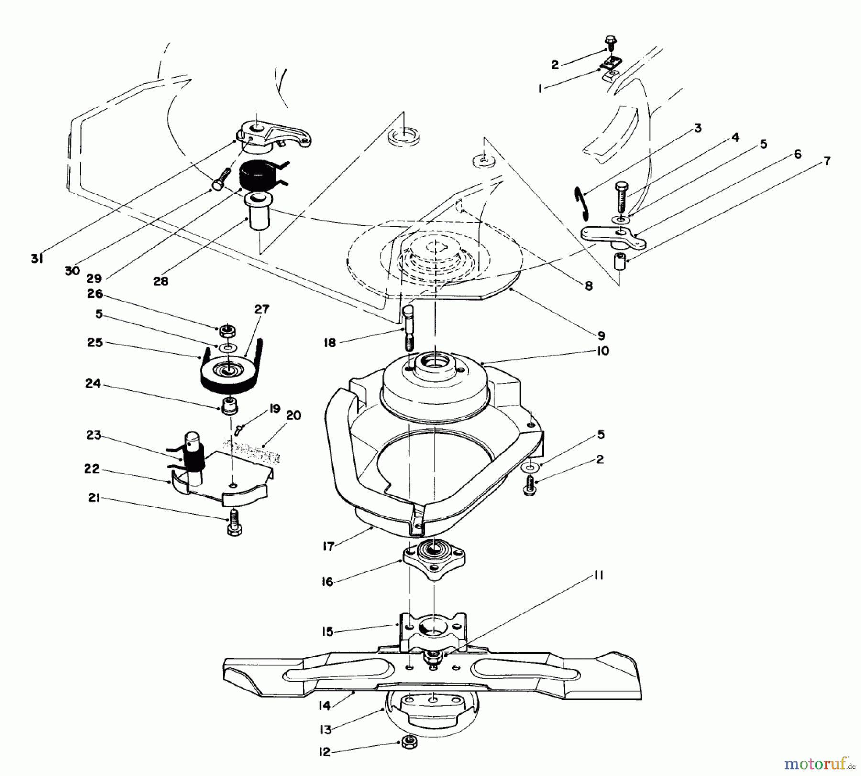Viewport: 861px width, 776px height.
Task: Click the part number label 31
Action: (37, 259)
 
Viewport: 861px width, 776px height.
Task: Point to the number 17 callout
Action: (328, 546)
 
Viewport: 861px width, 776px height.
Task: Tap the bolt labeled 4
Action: (621, 196)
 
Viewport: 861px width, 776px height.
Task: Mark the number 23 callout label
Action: (94, 434)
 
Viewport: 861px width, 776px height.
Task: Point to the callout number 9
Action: (601, 335)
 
